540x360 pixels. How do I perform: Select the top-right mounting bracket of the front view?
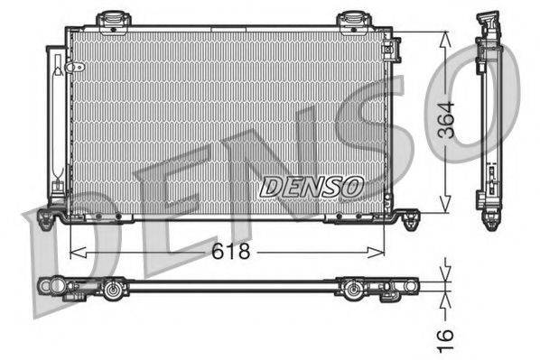[x=351, y=19]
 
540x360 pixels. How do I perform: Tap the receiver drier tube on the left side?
[x=58, y=117]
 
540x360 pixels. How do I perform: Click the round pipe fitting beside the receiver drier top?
[x=79, y=68]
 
